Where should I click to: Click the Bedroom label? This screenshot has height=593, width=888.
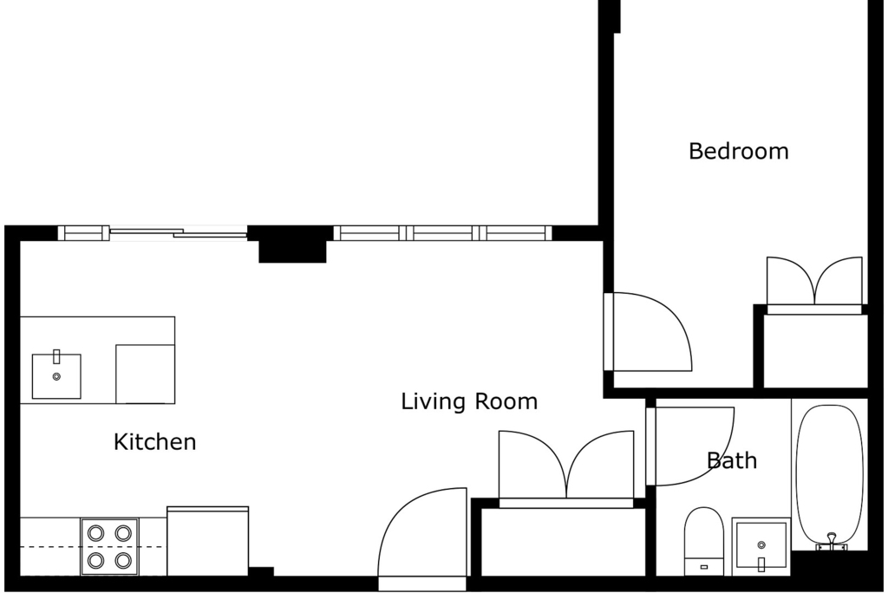[739, 151]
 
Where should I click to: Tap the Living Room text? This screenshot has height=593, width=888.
[469, 401]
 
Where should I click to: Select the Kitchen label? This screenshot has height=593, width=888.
[154, 442]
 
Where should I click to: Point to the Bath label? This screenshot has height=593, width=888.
[732, 460]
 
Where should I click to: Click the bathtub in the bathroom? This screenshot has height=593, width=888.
[830, 476]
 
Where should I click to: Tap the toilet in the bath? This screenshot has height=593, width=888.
[704, 541]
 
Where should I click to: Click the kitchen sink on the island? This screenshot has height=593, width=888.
[56, 375]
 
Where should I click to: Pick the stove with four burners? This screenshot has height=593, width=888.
[109, 546]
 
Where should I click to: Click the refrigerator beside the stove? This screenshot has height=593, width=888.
[208, 541]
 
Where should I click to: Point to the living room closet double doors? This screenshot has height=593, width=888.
[566, 466]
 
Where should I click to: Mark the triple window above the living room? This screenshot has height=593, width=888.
[442, 233]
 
